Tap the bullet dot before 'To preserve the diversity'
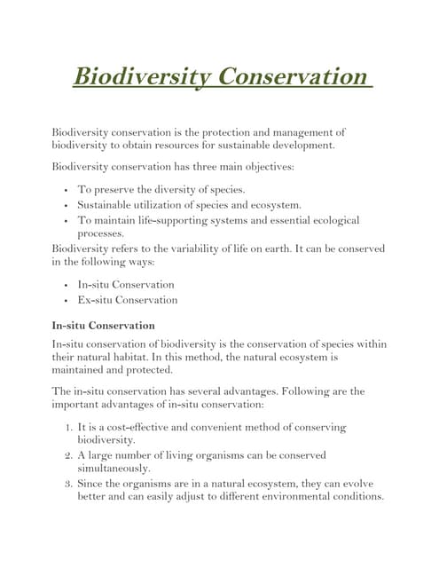click(67, 189)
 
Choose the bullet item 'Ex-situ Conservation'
click(127, 300)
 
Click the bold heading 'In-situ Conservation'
click(104, 325)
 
